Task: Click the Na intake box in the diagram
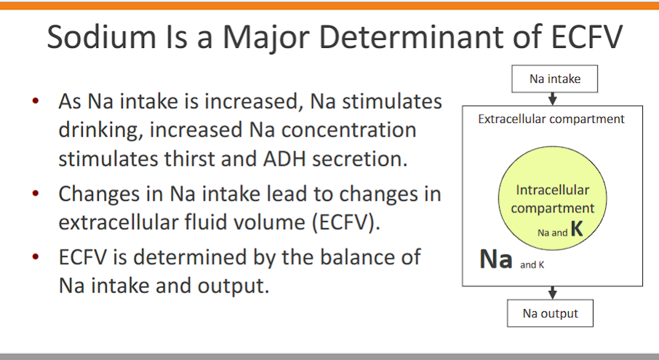555,79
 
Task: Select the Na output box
550,313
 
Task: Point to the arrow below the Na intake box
555,100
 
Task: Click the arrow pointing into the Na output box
552,292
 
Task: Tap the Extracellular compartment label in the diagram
551,119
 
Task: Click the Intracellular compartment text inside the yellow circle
552,199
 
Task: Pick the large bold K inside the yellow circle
576,230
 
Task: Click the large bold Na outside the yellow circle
496,259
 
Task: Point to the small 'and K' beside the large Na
532,265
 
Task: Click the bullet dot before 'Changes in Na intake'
36,194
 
